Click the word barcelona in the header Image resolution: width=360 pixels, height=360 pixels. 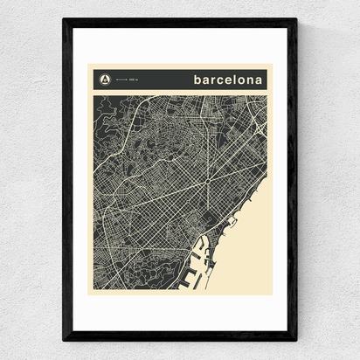pos(228,79)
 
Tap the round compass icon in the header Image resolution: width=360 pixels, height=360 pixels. pos(106,80)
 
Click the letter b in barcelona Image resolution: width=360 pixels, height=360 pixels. pos(198,79)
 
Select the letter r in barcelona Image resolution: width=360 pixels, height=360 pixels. pos(214,80)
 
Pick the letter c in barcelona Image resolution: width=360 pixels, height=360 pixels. pos(222,80)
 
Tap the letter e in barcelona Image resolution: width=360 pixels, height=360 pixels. pos(230,80)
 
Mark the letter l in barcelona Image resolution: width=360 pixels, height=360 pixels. pos(236,79)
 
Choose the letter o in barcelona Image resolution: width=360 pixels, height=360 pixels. pos(242,80)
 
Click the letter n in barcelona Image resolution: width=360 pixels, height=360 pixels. pos(251,80)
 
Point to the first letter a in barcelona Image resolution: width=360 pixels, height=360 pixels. pos(206,80)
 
